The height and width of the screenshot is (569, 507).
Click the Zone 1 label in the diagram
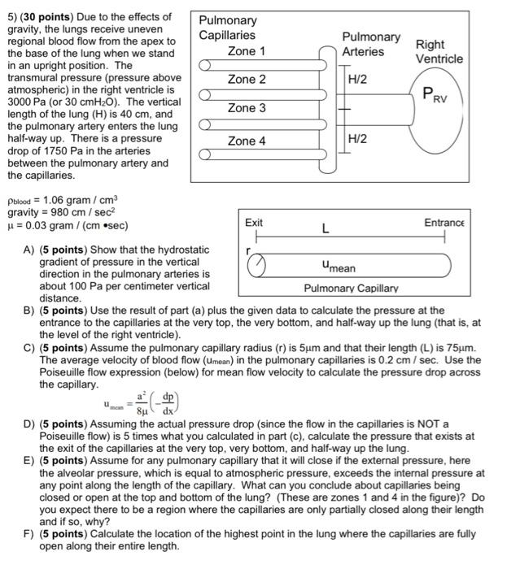246,51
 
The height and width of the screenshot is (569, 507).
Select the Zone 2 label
246,80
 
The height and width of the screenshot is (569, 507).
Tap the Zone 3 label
246,108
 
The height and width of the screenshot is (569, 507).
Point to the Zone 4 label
246,141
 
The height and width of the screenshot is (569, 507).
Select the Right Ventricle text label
439,51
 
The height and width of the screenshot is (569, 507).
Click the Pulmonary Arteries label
370,44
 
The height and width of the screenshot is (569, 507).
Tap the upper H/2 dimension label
358,80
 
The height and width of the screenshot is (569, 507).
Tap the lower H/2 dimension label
358,140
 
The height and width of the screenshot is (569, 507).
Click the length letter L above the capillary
325,230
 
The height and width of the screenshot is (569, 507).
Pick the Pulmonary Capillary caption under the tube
351,288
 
